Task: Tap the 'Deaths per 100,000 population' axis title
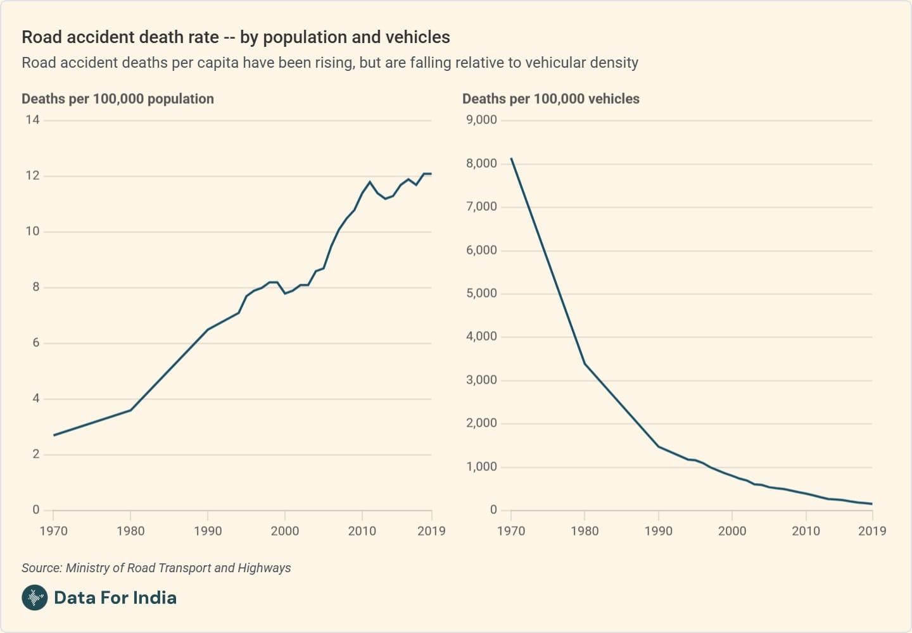click(118, 99)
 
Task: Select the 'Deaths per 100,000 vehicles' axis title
click(550, 99)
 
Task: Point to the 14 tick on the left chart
click(32, 120)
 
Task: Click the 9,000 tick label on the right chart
click(481, 120)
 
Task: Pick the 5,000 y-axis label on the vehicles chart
click(481, 293)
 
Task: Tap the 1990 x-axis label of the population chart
click(208, 531)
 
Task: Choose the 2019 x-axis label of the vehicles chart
click(871, 531)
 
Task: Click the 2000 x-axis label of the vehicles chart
click(731, 531)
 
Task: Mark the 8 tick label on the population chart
click(36, 287)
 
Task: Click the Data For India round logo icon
click(34, 598)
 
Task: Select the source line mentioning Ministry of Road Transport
click(156, 568)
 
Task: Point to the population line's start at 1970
click(54, 435)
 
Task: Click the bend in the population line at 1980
click(131, 410)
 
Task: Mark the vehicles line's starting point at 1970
click(511, 158)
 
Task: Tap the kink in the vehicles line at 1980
click(585, 363)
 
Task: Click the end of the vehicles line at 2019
click(872, 504)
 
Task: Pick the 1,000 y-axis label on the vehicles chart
click(481, 467)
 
